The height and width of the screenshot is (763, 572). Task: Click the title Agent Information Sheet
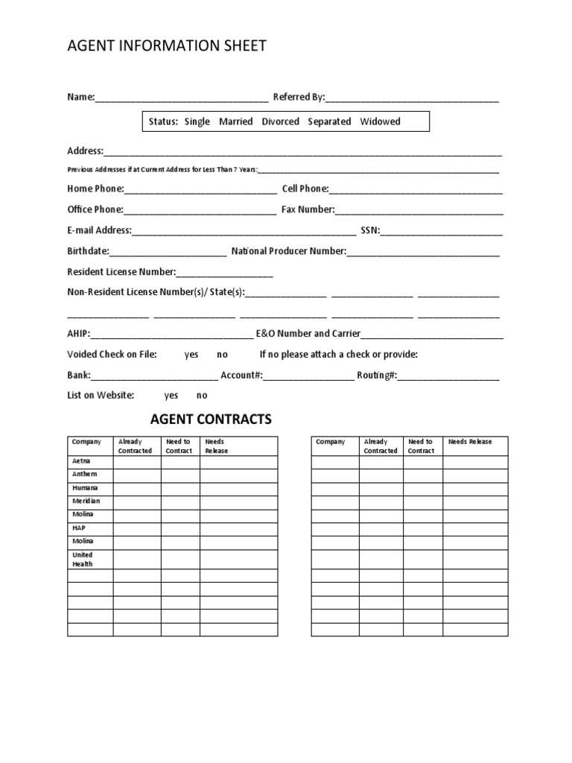click(x=166, y=46)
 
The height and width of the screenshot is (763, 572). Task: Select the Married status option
click(x=235, y=121)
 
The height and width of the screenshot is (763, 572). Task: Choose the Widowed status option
click(x=380, y=121)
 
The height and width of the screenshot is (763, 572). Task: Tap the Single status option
click(x=197, y=121)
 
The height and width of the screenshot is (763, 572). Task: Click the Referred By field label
click(x=299, y=97)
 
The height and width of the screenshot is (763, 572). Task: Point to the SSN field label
click(x=370, y=230)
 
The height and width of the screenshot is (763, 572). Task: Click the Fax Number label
click(x=308, y=209)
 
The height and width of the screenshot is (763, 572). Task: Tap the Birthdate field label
click(x=88, y=251)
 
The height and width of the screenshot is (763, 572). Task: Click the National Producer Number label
click(x=289, y=251)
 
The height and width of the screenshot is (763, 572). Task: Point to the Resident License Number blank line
click(x=224, y=273)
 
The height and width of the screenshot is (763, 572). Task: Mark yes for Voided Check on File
click(x=191, y=355)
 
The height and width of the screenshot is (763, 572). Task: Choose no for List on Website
click(x=202, y=396)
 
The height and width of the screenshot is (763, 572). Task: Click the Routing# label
click(x=377, y=375)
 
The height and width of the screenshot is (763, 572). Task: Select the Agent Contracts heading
click(x=211, y=420)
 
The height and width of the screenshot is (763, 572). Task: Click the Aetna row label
click(x=81, y=461)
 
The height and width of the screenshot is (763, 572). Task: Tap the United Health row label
click(x=83, y=560)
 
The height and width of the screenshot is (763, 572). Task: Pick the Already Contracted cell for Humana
click(x=137, y=488)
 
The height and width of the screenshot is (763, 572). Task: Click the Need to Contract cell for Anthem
click(x=180, y=475)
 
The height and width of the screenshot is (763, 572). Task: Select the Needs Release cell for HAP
click(x=238, y=528)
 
